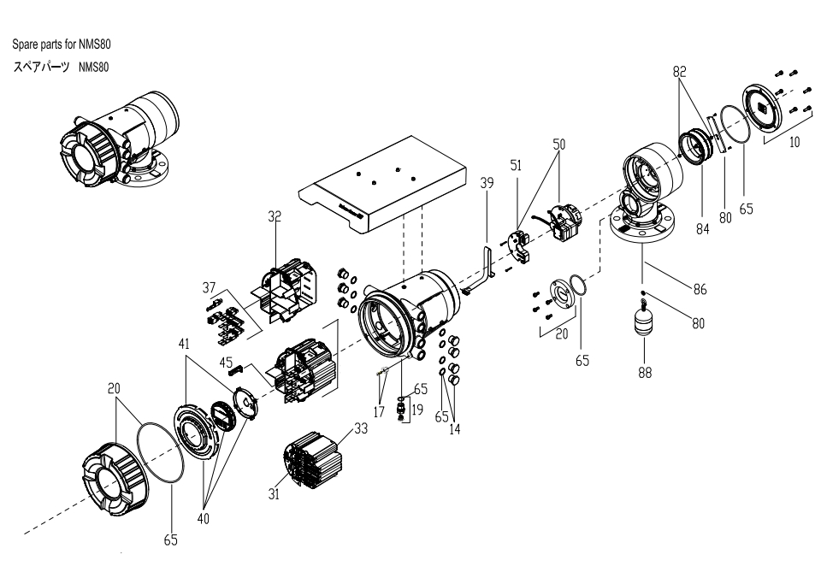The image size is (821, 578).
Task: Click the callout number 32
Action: point(275,217)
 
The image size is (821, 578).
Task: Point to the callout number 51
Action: point(516,166)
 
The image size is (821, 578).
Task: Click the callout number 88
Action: point(646,372)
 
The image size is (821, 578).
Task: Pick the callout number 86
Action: point(700,290)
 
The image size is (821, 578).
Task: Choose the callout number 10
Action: point(794,142)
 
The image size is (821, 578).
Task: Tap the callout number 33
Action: point(361,429)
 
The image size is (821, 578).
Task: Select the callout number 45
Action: point(226,363)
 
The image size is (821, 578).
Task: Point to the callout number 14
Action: point(455,429)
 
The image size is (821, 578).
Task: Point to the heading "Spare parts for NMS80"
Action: point(61,44)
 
